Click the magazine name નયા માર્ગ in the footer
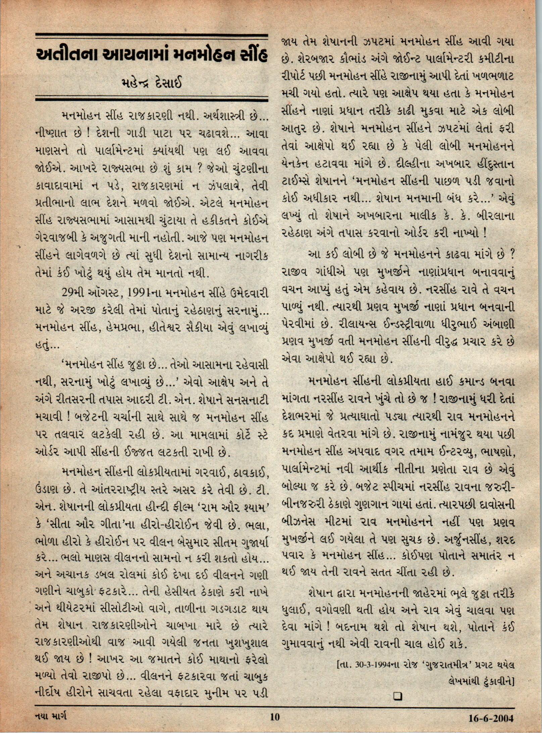coord(51,715)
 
